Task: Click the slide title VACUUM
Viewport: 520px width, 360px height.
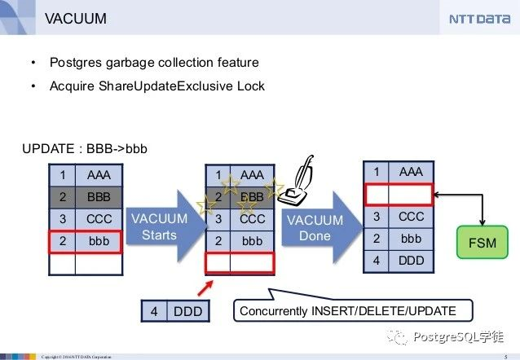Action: pyautogui.click(x=75, y=18)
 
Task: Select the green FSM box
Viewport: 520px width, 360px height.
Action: pyautogui.click(x=481, y=243)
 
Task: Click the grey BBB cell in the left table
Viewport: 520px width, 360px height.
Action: pyautogui.click(x=99, y=197)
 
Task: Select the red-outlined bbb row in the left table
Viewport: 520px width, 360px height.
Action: pyautogui.click(x=86, y=242)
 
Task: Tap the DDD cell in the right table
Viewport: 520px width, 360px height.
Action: pyautogui.click(x=411, y=261)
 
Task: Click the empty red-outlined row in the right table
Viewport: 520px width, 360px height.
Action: pyautogui.click(x=398, y=194)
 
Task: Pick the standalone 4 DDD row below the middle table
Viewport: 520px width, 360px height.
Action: pyautogui.click(x=173, y=311)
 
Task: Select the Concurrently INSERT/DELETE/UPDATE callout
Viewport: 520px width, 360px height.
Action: pyautogui.click(x=355, y=310)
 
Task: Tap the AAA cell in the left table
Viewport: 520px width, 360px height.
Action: pyautogui.click(x=99, y=174)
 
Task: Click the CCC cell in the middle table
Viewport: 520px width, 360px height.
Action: pyautogui.click(x=253, y=219)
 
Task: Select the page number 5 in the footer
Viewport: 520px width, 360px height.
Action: pyautogui.click(x=506, y=356)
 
